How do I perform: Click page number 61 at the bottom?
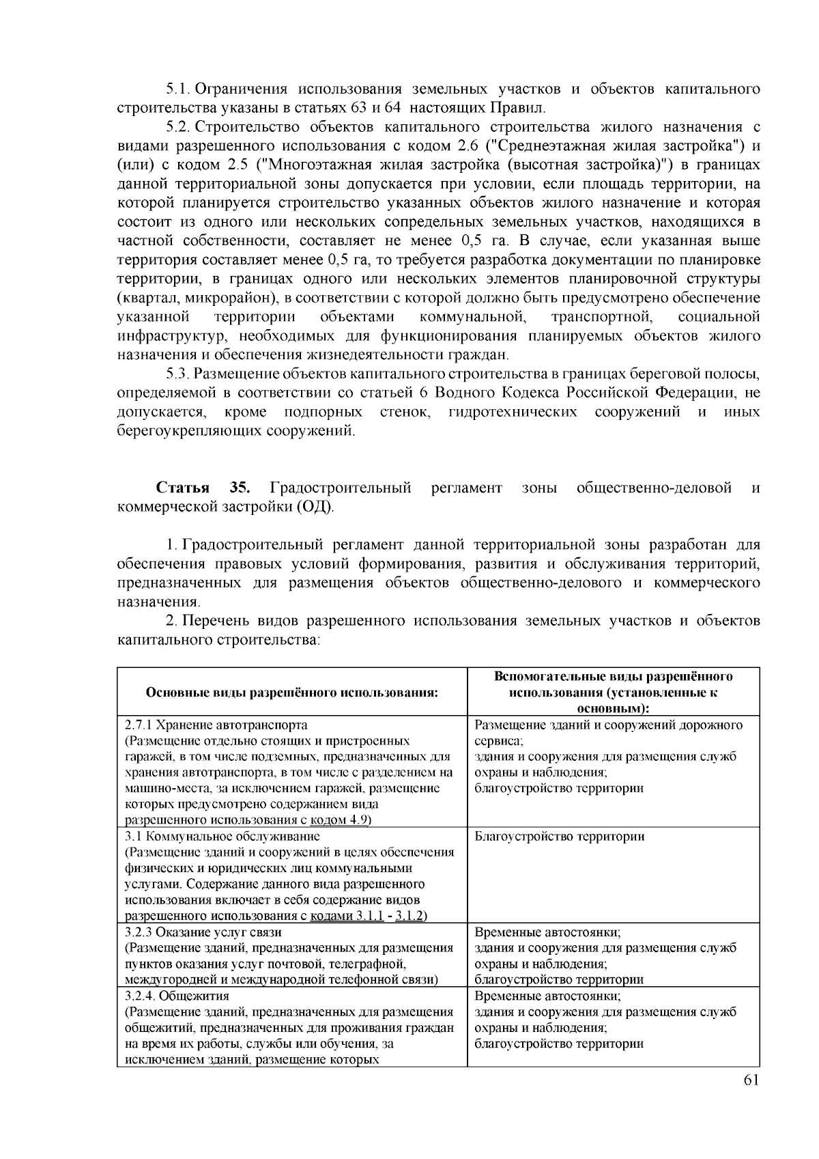point(751,1079)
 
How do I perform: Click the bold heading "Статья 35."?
point(203,488)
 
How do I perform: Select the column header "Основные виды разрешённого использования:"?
point(291,693)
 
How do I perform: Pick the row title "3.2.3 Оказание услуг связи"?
point(203,932)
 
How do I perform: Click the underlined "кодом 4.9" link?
point(340,820)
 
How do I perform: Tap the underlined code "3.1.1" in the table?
point(369,916)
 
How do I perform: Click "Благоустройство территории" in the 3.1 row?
point(559,837)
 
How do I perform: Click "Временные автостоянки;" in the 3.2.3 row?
point(547,932)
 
